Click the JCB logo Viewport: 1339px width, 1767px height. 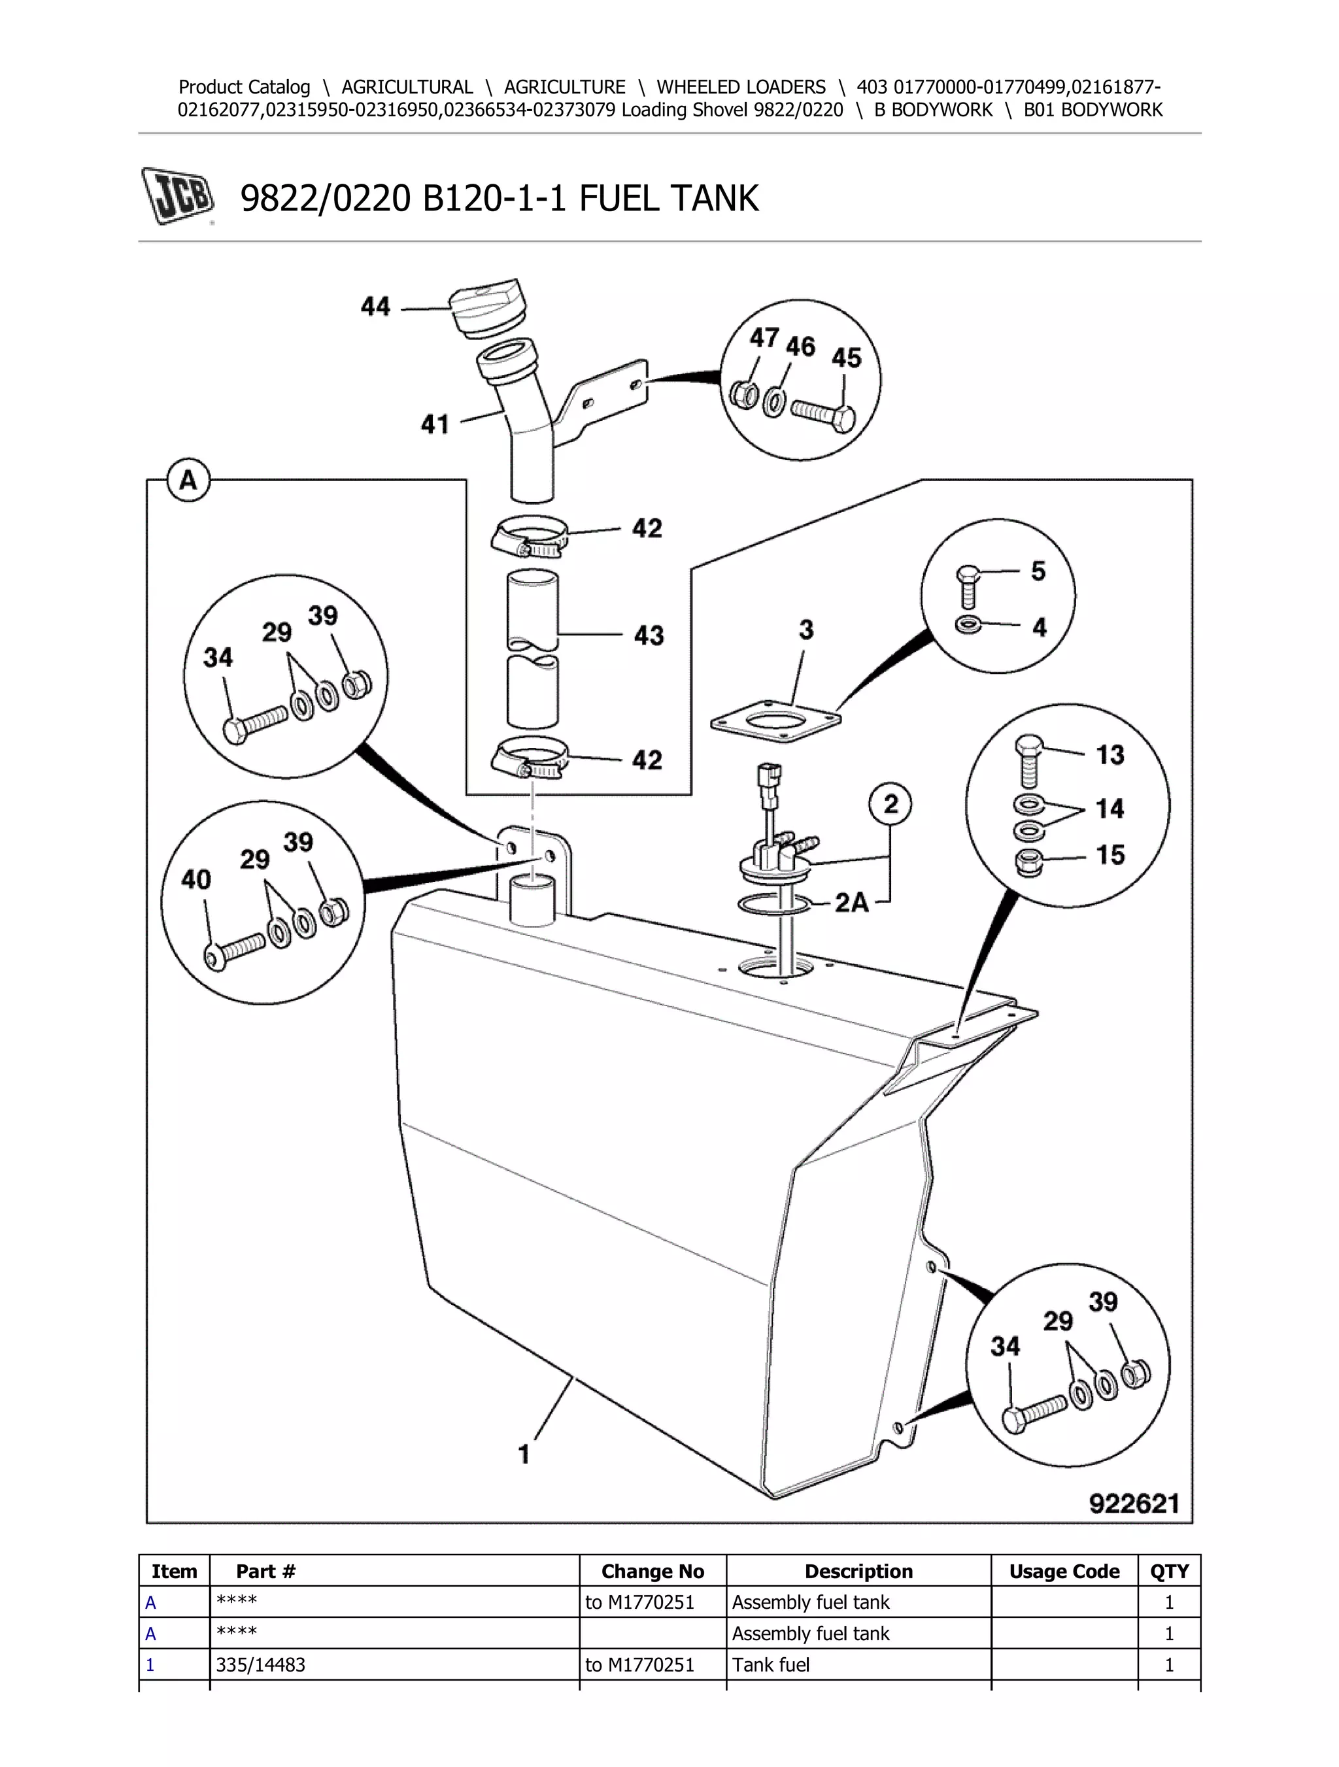click(x=178, y=195)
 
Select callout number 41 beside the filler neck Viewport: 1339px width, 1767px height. click(x=435, y=424)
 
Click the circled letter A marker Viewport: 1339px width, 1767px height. click(x=188, y=481)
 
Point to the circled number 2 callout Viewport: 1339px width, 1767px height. click(x=890, y=803)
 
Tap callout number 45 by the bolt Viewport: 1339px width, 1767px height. click(x=846, y=357)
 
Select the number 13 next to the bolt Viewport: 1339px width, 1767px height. click(x=1110, y=755)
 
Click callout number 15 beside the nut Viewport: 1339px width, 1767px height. click(x=1110, y=856)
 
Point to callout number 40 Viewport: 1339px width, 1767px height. click(x=195, y=879)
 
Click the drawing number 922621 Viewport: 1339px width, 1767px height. click(x=1134, y=1504)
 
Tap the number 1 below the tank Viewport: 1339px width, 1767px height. click(x=524, y=1454)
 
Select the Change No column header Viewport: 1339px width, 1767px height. click(x=652, y=1572)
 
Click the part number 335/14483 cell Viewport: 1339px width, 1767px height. click(x=260, y=1665)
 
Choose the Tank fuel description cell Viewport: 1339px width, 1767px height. click(x=770, y=1665)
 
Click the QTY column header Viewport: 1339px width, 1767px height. click(x=1169, y=1572)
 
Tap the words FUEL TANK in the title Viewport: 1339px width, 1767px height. click(x=668, y=198)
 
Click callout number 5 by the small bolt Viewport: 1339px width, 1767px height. click(x=1038, y=571)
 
